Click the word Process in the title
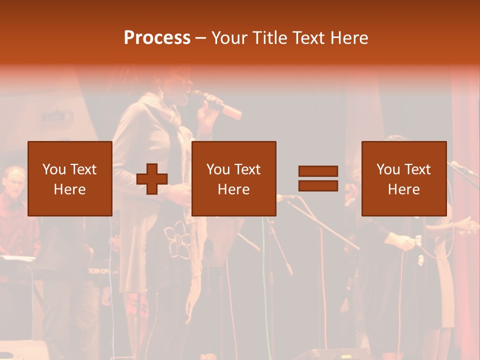pyautogui.click(x=157, y=38)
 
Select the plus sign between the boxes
pyautogui.click(x=152, y=179)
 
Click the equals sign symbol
pyautogui.click(x=318, y=178)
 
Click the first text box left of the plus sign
pyautogui.click(x=70, y=178)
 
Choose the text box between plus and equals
pyautogui.click(x=233, y=178)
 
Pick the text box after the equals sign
pyautogui.click(x=403, y=178)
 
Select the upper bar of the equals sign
pyautogui.click(x=318, y=171)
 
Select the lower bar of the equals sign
pyautogui.click(x=318, y=186)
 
